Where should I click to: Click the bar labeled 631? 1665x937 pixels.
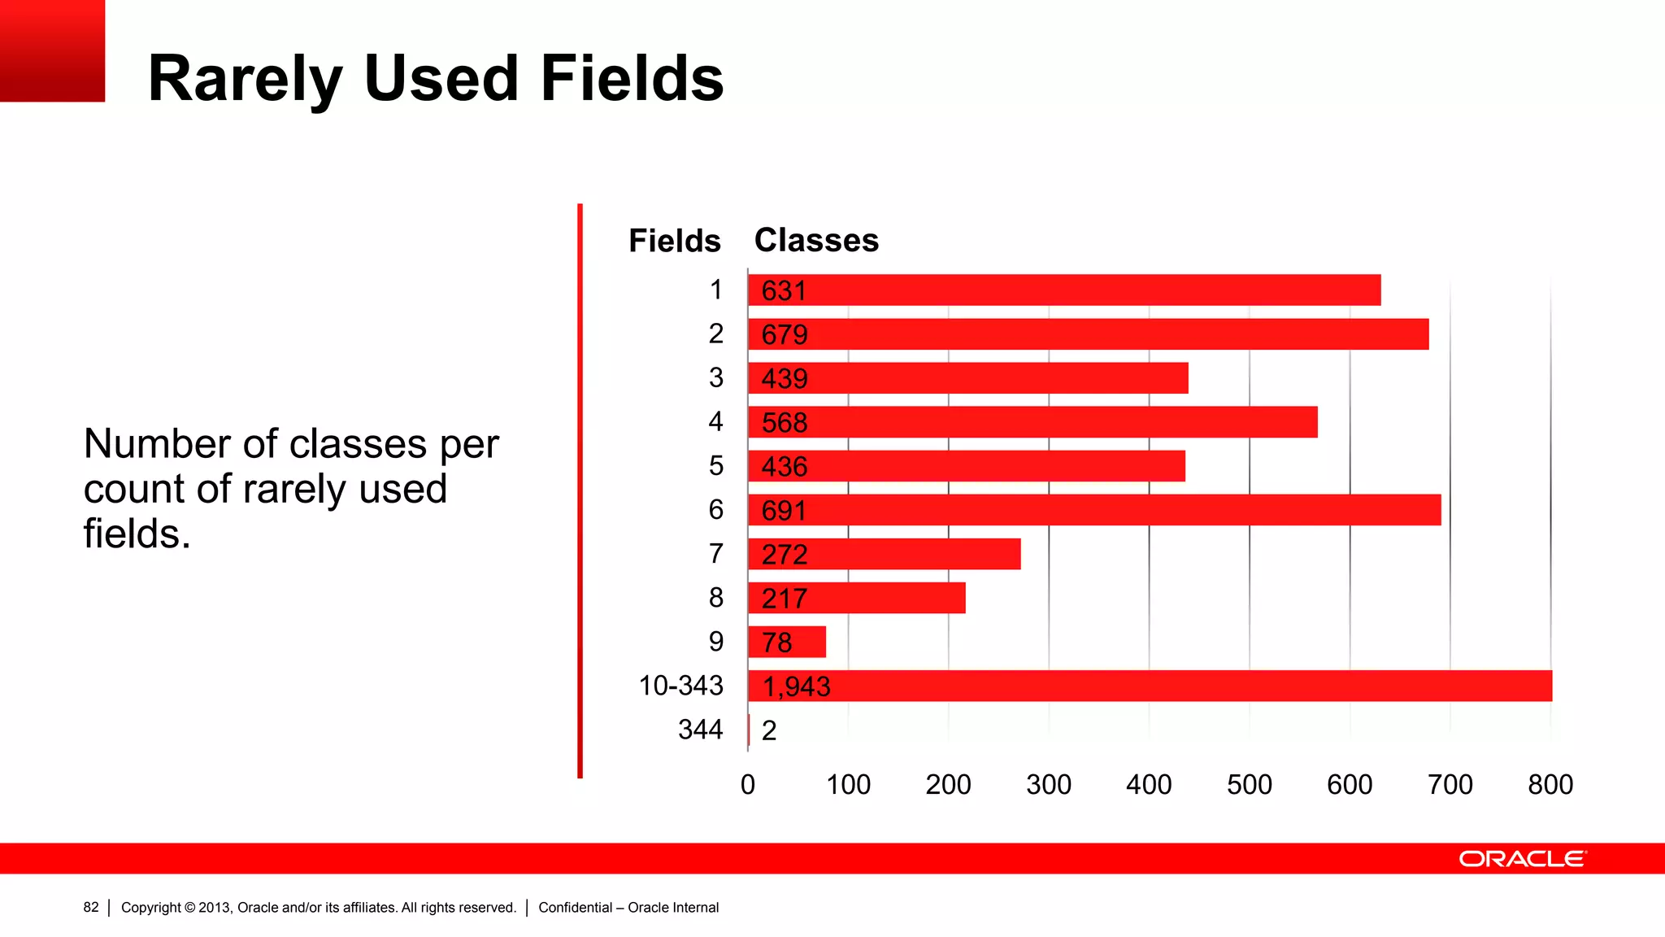[x=1063, y=290]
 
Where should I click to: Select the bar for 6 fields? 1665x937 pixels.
[x=1093, y=510]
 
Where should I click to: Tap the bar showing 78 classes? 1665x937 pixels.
[x=787, y=642]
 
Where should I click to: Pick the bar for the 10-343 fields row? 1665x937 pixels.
[x=1150, y=686]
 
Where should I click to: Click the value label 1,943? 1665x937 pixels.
[x=796, y=686]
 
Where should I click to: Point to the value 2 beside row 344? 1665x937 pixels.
[x=769, y=730]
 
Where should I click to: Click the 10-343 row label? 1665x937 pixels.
[x=680, y=686]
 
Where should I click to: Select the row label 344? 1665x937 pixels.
[x=700, y=730]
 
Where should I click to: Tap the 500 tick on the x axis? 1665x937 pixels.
[x=1249, y=785]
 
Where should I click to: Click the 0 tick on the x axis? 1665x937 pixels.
[x=748, y=785]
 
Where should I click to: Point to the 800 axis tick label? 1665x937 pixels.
[x=1550, y=785]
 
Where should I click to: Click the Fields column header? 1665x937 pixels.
[x=674, y=241]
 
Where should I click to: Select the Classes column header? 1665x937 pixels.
[x=816, y=240]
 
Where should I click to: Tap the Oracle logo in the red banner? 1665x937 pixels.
[x=1522, y=859]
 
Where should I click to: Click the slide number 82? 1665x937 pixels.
[x=91, y=907]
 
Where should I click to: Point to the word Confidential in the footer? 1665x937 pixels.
[x=575, y=907]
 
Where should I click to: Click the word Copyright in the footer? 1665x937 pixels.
[x=150, y=907]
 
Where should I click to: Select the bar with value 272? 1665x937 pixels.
[x=884, y=554]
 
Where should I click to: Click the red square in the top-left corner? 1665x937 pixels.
[x=52, y=50]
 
